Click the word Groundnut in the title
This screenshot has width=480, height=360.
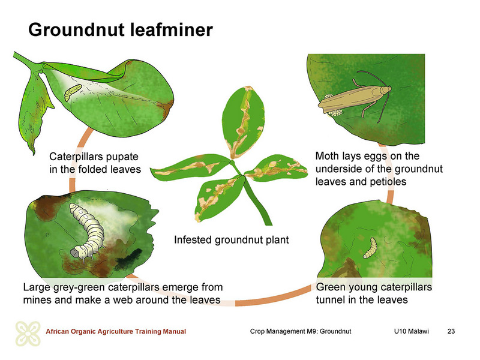pyautogui.click(x=77, y=29)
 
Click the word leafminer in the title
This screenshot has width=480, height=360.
pyautogui.click(x=171, y=29)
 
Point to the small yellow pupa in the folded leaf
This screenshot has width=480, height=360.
pyautogui.click(x=71, y=92)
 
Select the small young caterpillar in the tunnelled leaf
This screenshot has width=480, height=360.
pyautogui.click(x=370, y=248)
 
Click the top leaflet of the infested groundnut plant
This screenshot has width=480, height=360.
pyautogui.click(x=244, y=122)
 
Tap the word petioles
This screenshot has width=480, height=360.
pyautogui.click(x=388, y=182)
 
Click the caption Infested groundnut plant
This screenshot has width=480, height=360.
pyautogui.click(x=232, y=239)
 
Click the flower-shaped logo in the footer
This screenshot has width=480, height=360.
pyautogui.click(x=28, y=334)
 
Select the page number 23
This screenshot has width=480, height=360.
pyautogui.click(x=451, y=331)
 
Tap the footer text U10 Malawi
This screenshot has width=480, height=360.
pyautogui.click(x=412, y=331)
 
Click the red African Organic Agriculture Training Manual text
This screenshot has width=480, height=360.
pyautogui.click(x=116, y=332)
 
